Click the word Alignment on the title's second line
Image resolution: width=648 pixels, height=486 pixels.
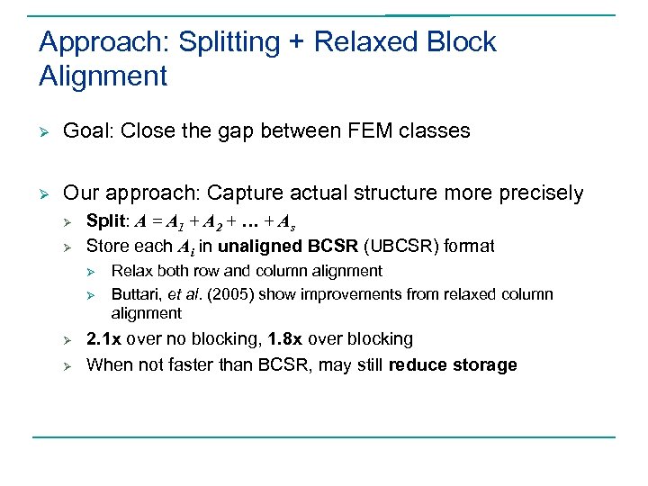103,76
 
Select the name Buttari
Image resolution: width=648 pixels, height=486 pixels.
136,294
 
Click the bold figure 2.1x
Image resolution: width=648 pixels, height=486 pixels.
104,339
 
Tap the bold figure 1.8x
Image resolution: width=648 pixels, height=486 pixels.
285,339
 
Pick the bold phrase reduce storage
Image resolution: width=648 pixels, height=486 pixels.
453,364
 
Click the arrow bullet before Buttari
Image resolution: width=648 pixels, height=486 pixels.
89,294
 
